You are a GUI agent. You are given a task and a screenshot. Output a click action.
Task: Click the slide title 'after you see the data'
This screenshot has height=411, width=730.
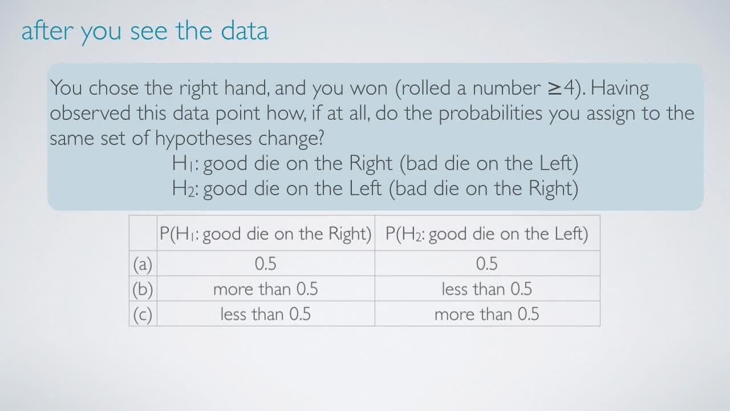145,31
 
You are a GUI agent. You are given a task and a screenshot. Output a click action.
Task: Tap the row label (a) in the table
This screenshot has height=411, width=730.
143,264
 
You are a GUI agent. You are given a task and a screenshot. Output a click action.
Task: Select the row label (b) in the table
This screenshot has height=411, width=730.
143,289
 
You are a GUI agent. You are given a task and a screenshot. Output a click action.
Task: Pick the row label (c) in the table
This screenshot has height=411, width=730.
143,315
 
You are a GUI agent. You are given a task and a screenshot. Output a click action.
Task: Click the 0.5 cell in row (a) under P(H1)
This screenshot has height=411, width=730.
266,264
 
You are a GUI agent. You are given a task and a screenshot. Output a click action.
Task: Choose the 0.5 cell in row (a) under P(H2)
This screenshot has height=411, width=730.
487,264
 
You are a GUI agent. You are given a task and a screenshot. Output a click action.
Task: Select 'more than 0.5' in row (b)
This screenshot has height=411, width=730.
266,289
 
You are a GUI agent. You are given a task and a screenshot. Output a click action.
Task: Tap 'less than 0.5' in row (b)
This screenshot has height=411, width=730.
487,289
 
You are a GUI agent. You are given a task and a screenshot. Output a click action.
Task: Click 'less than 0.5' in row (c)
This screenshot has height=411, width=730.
266,314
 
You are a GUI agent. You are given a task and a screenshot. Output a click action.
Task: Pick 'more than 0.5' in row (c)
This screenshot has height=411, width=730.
487,314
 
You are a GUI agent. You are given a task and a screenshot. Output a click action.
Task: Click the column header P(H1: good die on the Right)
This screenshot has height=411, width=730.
266,234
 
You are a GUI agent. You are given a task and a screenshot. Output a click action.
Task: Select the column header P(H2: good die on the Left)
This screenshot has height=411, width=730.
487,234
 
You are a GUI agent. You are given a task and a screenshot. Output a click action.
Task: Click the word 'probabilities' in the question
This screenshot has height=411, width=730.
490,114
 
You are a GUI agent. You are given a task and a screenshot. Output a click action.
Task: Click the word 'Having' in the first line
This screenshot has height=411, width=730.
619,89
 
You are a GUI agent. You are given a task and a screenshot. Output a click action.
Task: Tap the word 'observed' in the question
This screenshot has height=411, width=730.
90,113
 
